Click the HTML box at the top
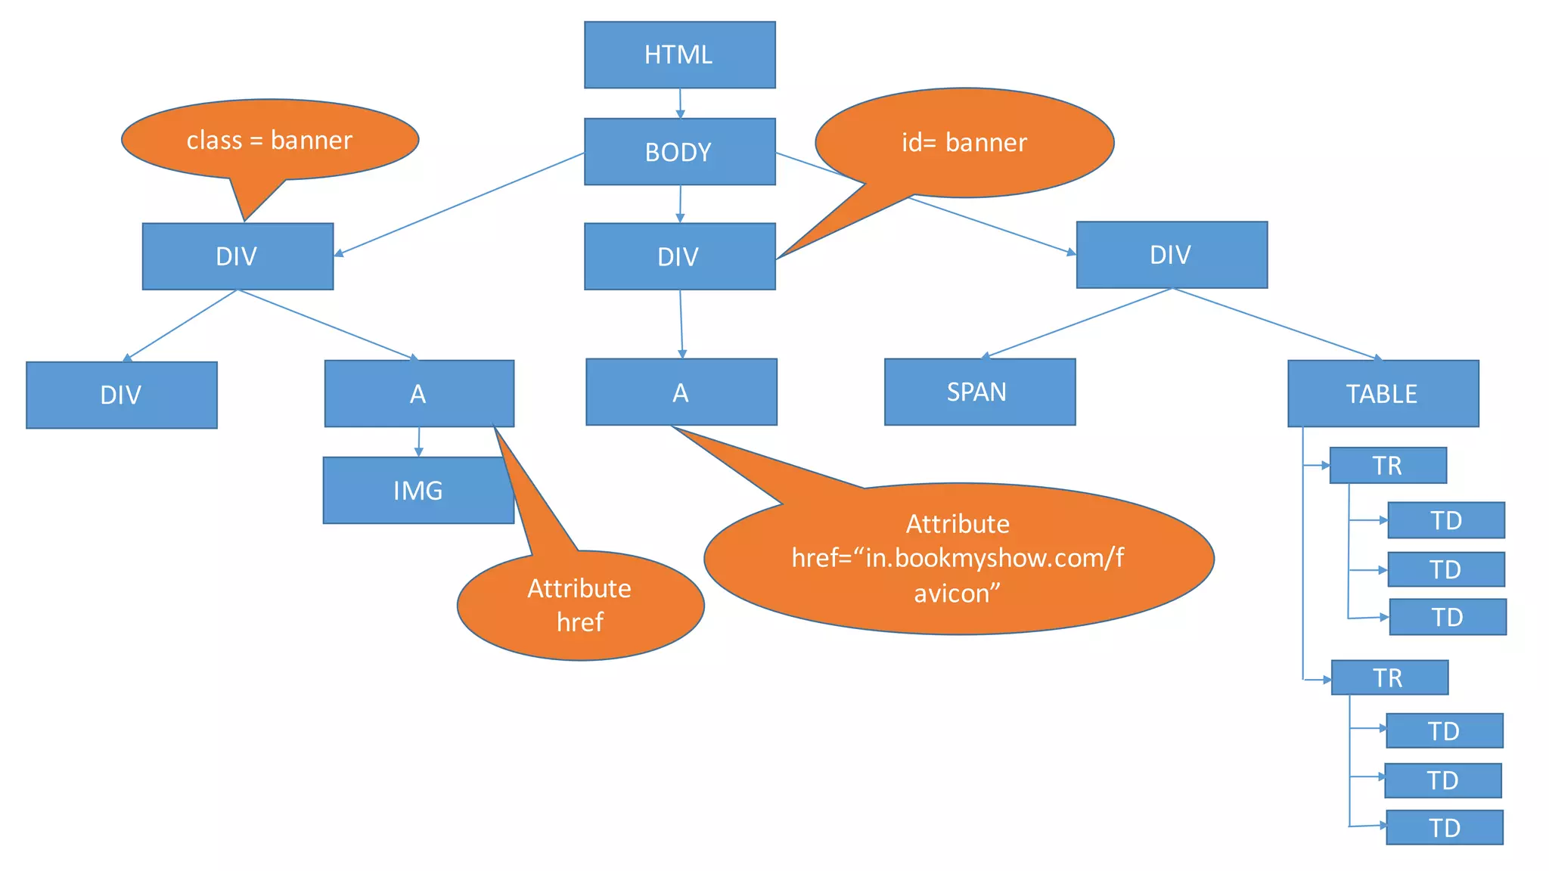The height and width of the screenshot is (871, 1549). click(679, 54)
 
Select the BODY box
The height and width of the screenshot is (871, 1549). click(679, 151)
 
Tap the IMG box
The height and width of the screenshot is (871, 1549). click(418, 490)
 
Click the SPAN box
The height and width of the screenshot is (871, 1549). click(979, 392)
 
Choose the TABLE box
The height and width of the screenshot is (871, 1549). click(1383, 393)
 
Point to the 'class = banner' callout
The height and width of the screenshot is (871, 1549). click(270, 140)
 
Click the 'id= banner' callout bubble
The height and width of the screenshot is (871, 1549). click(964, 142)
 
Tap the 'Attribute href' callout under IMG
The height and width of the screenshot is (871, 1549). click(580, 605)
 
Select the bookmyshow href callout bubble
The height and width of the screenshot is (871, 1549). click(958, 558)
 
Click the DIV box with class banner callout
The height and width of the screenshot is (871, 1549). click(237, 256)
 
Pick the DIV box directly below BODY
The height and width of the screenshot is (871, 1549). click(679, 256)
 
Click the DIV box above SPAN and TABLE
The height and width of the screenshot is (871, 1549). click(1172, 254)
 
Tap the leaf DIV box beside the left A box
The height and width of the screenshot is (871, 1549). click(121, 395)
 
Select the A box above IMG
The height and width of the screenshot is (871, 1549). click(418, 393)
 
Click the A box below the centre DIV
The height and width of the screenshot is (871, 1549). click(681, 392)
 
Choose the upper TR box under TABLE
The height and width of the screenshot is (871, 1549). click(1388, 465)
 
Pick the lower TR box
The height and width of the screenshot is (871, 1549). click(1389, 677)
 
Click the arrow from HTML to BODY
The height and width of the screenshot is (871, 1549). click(680, 104)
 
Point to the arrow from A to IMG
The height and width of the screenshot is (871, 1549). click(419, 442)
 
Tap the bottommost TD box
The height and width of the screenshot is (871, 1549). click(1445, 827)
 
